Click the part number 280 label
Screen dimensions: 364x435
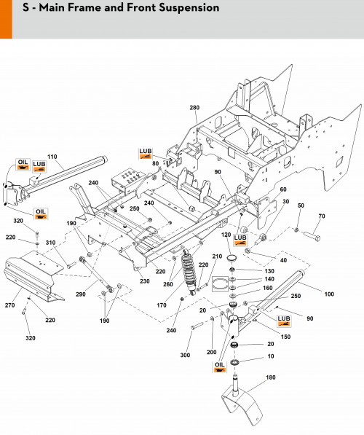pyautogui.click(x=194, y=108)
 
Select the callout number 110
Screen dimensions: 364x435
pyautogui.click(x=52, y=157)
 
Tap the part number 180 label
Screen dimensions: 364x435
pyautogui.click(x=271, y=377)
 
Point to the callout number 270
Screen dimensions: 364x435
pyautogui.click(x=9, y=305)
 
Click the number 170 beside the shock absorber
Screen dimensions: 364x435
pyautogui.click(x=162, y=305)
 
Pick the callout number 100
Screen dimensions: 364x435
pyautogui.click(x=329, y=294)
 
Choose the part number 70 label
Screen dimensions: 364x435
pyautogui.click(x=322, y=216)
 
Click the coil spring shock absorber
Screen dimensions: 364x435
pyautogui.click(x=189, y=272)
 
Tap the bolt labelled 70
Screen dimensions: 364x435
pyautogui.click(x=312, y=236)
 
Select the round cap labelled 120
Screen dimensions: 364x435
pyautogui.click(x=231, y=258)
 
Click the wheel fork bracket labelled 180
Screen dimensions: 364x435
pyautogui.click(x=242, y=399)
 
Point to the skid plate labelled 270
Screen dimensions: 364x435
pyautogui.click(x=33, y=275)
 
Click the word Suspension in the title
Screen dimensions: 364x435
pyautogui.click(x=189, y=8)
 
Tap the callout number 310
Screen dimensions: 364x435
pyautogui.click(x=50, y=243)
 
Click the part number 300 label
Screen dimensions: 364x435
pyautogui.click(x=185, y=355)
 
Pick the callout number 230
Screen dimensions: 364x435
pyautogui.click(x=144, y=281)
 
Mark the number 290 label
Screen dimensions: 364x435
pyautogui.click(x=81, y=294)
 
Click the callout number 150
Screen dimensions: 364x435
pyautogui.click(x=285, y=337)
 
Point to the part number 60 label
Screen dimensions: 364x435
pyautogui.click(x=283, y=189)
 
